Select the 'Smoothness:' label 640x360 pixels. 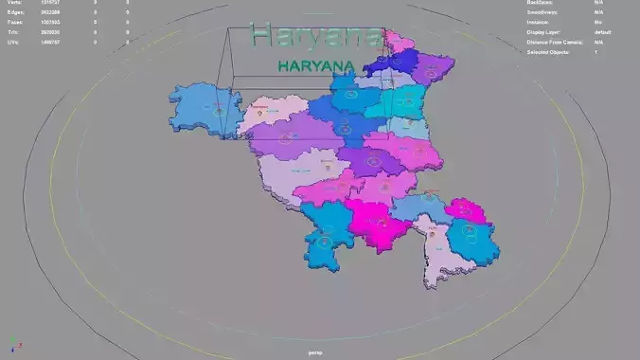542,13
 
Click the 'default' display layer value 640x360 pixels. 602,32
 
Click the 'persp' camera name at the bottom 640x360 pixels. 316,351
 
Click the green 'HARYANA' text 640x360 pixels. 316,66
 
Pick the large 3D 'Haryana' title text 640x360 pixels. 316,36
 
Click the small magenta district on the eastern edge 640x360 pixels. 468,209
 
